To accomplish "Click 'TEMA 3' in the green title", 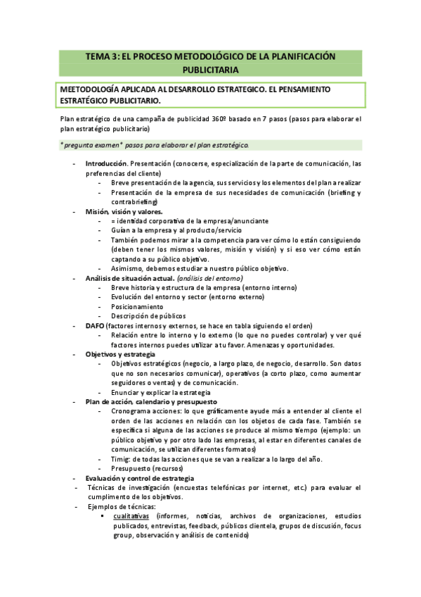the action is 101,56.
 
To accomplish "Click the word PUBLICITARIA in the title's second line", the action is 210,70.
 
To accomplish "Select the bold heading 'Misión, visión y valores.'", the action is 124,211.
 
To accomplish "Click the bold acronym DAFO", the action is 95,326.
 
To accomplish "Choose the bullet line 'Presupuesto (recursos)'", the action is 149,468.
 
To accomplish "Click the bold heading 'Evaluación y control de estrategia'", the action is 139,478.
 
